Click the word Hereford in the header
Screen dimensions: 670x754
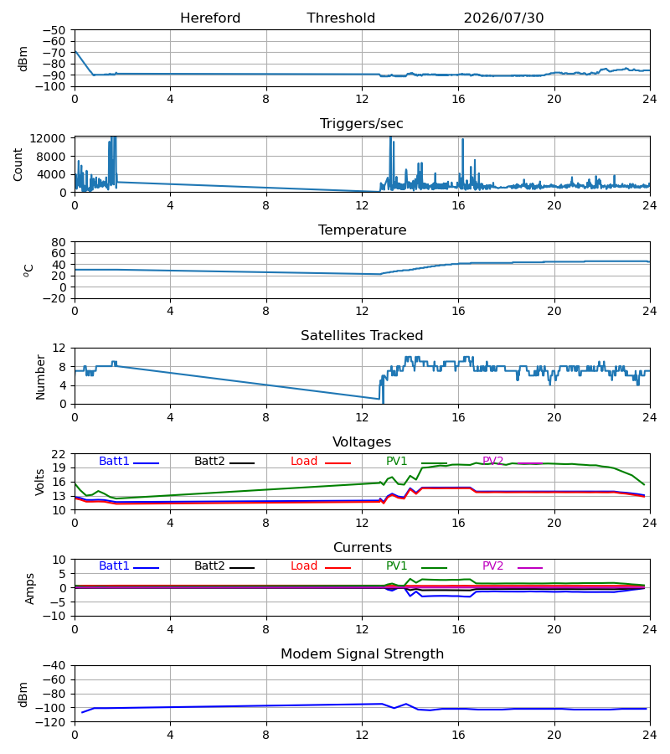pos(210,18)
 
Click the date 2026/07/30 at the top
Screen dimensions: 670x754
pos(503,18)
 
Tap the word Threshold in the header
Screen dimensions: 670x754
pos(341,18)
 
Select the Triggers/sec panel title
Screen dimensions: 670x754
pos(362,124)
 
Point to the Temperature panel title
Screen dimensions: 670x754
pos(362,230)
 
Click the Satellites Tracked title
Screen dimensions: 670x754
pos(362,336)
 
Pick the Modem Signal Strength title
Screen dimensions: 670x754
pos(362,654)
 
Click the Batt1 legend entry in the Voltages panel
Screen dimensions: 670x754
pos(114,461)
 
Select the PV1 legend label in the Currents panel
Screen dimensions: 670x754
pos(396,566)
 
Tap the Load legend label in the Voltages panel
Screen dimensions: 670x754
pos(304,461)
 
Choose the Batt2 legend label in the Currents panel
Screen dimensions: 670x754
pos(209,566)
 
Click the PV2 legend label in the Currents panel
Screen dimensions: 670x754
pos(492,566)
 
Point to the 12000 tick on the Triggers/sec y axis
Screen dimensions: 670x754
pos(48,138)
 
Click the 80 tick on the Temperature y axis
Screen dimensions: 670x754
pos(59,242)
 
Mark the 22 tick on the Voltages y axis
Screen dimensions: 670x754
pos(59,454)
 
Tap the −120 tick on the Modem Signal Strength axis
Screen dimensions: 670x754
pos(54,722)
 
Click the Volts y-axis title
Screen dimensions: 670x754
pos(40,483)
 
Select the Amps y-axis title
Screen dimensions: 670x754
pos(30,588)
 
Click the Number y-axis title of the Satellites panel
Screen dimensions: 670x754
pos(40,377)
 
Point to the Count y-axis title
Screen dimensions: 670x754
pos(18,164)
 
